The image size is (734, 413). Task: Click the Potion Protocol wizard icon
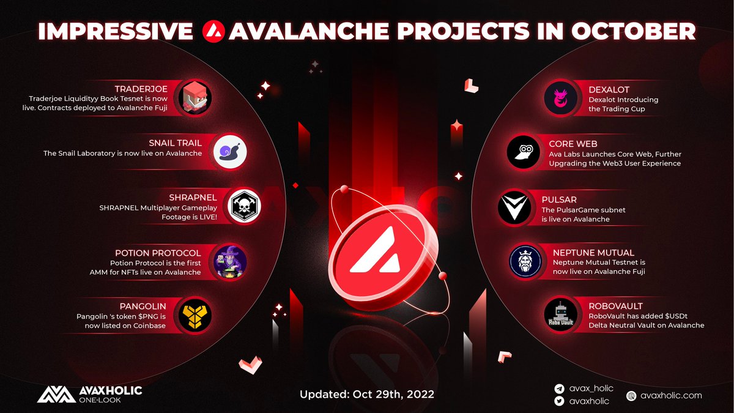coord(229,261)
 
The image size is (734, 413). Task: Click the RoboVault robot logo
coord(562,314)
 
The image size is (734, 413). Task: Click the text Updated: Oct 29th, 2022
coord(367,394)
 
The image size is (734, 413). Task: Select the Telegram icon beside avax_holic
coord(558,389)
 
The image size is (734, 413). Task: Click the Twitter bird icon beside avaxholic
coord(558,401)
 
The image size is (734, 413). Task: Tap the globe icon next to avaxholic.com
coord(631,395)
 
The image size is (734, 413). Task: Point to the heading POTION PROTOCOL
coord(158,252)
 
